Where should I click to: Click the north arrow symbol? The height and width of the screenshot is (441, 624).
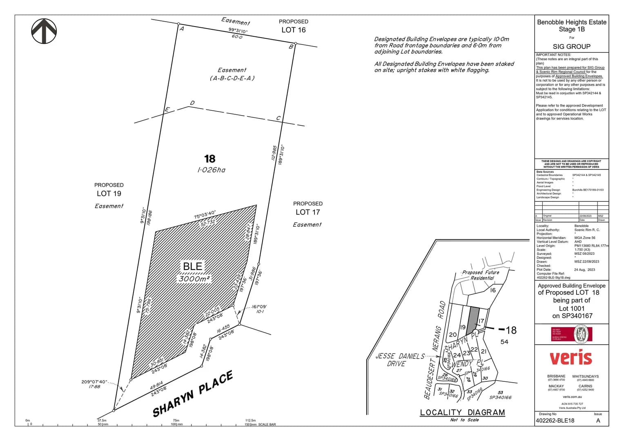44,31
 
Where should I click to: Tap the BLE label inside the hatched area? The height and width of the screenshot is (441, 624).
193,266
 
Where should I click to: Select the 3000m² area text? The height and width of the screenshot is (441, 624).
194,279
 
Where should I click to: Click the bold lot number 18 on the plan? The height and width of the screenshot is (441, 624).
209,159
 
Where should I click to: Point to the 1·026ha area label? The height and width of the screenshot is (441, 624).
211,170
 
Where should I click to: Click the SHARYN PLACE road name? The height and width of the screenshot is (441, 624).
193,394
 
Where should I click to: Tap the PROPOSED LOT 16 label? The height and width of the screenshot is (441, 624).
293,26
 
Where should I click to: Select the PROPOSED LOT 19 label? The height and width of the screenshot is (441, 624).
109,190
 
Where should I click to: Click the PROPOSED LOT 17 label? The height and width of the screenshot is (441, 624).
308,208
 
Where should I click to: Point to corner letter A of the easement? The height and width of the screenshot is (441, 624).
182,29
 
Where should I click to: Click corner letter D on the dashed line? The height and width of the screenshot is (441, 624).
192,103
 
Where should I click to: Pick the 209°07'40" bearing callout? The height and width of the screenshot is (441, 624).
94,382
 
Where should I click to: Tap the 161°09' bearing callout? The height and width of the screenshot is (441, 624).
259,307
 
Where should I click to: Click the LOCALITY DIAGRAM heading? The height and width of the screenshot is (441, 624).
462,412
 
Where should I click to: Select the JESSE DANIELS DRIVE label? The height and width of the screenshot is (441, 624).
400,360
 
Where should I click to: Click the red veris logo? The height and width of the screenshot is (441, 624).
571,358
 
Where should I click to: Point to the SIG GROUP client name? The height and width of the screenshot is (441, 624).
571,47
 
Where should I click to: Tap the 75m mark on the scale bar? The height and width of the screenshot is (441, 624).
176,420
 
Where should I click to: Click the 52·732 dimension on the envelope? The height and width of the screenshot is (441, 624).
208,223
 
